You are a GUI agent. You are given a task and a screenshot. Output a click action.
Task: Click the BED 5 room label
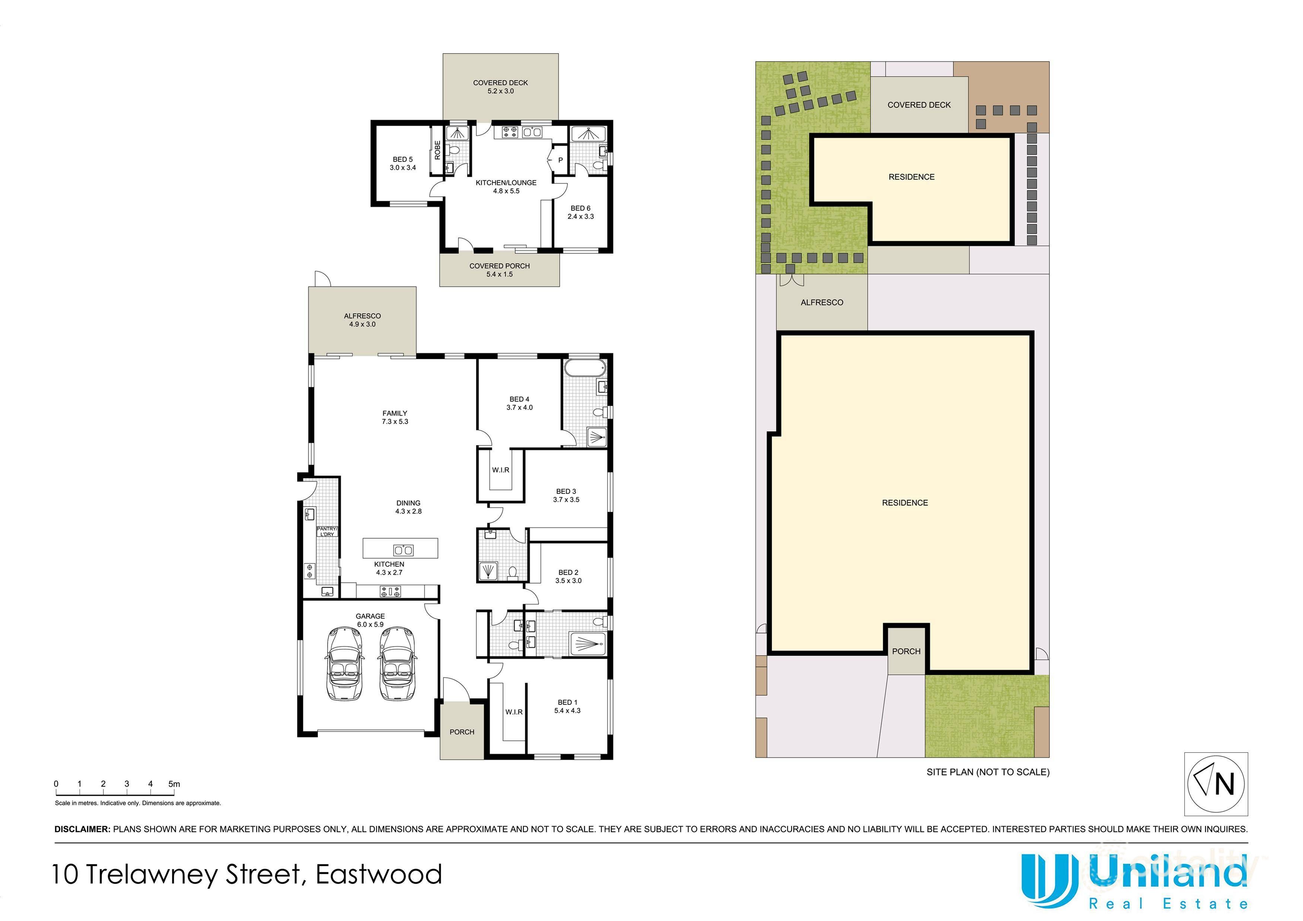click(402, 163)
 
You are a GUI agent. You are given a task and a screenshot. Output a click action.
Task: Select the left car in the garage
click(344, 664)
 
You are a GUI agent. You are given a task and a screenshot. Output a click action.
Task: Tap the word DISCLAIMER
click(82, 829)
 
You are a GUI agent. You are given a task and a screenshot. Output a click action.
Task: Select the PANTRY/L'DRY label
click(327, 532)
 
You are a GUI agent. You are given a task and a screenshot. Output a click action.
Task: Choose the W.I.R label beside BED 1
click(514, 712)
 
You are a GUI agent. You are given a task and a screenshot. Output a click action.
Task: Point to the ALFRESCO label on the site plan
click(821, 302)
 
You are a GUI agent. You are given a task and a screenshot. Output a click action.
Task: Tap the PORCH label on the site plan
click(906, 651)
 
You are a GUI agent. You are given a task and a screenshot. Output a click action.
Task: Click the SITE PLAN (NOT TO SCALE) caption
click(987, 772)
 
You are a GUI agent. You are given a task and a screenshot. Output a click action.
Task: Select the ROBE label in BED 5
click(437, 150)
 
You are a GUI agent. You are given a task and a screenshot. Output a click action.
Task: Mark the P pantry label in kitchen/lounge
click(560, 160)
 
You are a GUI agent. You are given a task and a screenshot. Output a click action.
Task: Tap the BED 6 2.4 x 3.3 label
click(580, 212)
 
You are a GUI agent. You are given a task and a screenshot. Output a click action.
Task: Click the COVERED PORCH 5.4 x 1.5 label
click(499, 270)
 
